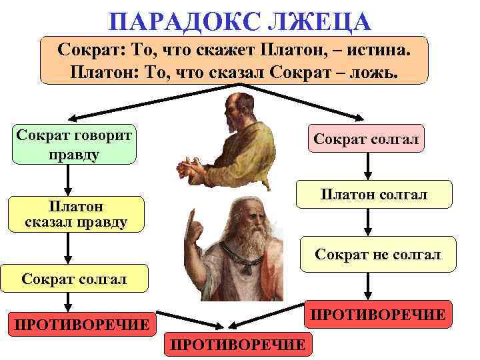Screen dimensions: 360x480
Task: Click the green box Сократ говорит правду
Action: [74, 144]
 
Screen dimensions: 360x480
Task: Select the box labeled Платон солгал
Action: [373, 195]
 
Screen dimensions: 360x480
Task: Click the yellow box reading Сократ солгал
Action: [74, 278]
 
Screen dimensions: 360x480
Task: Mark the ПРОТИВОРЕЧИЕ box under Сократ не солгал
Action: [377, 314]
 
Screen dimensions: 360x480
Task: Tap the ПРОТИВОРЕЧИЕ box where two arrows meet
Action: [237, 343]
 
